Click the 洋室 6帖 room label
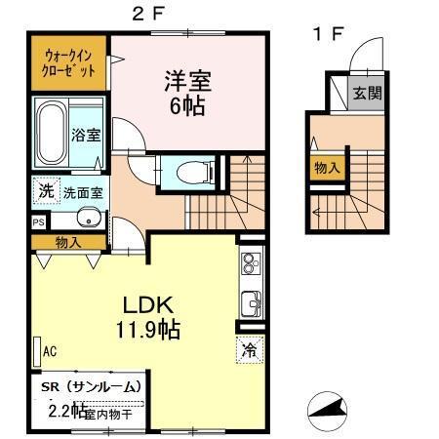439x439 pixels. (185, 93)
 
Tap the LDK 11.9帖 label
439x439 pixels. (148, 317)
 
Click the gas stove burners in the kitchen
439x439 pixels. (250, 264)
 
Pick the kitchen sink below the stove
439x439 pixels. (251, 304)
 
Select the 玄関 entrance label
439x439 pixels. (367, 94)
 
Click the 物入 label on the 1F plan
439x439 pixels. (327, 168)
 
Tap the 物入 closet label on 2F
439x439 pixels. (67, 241)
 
